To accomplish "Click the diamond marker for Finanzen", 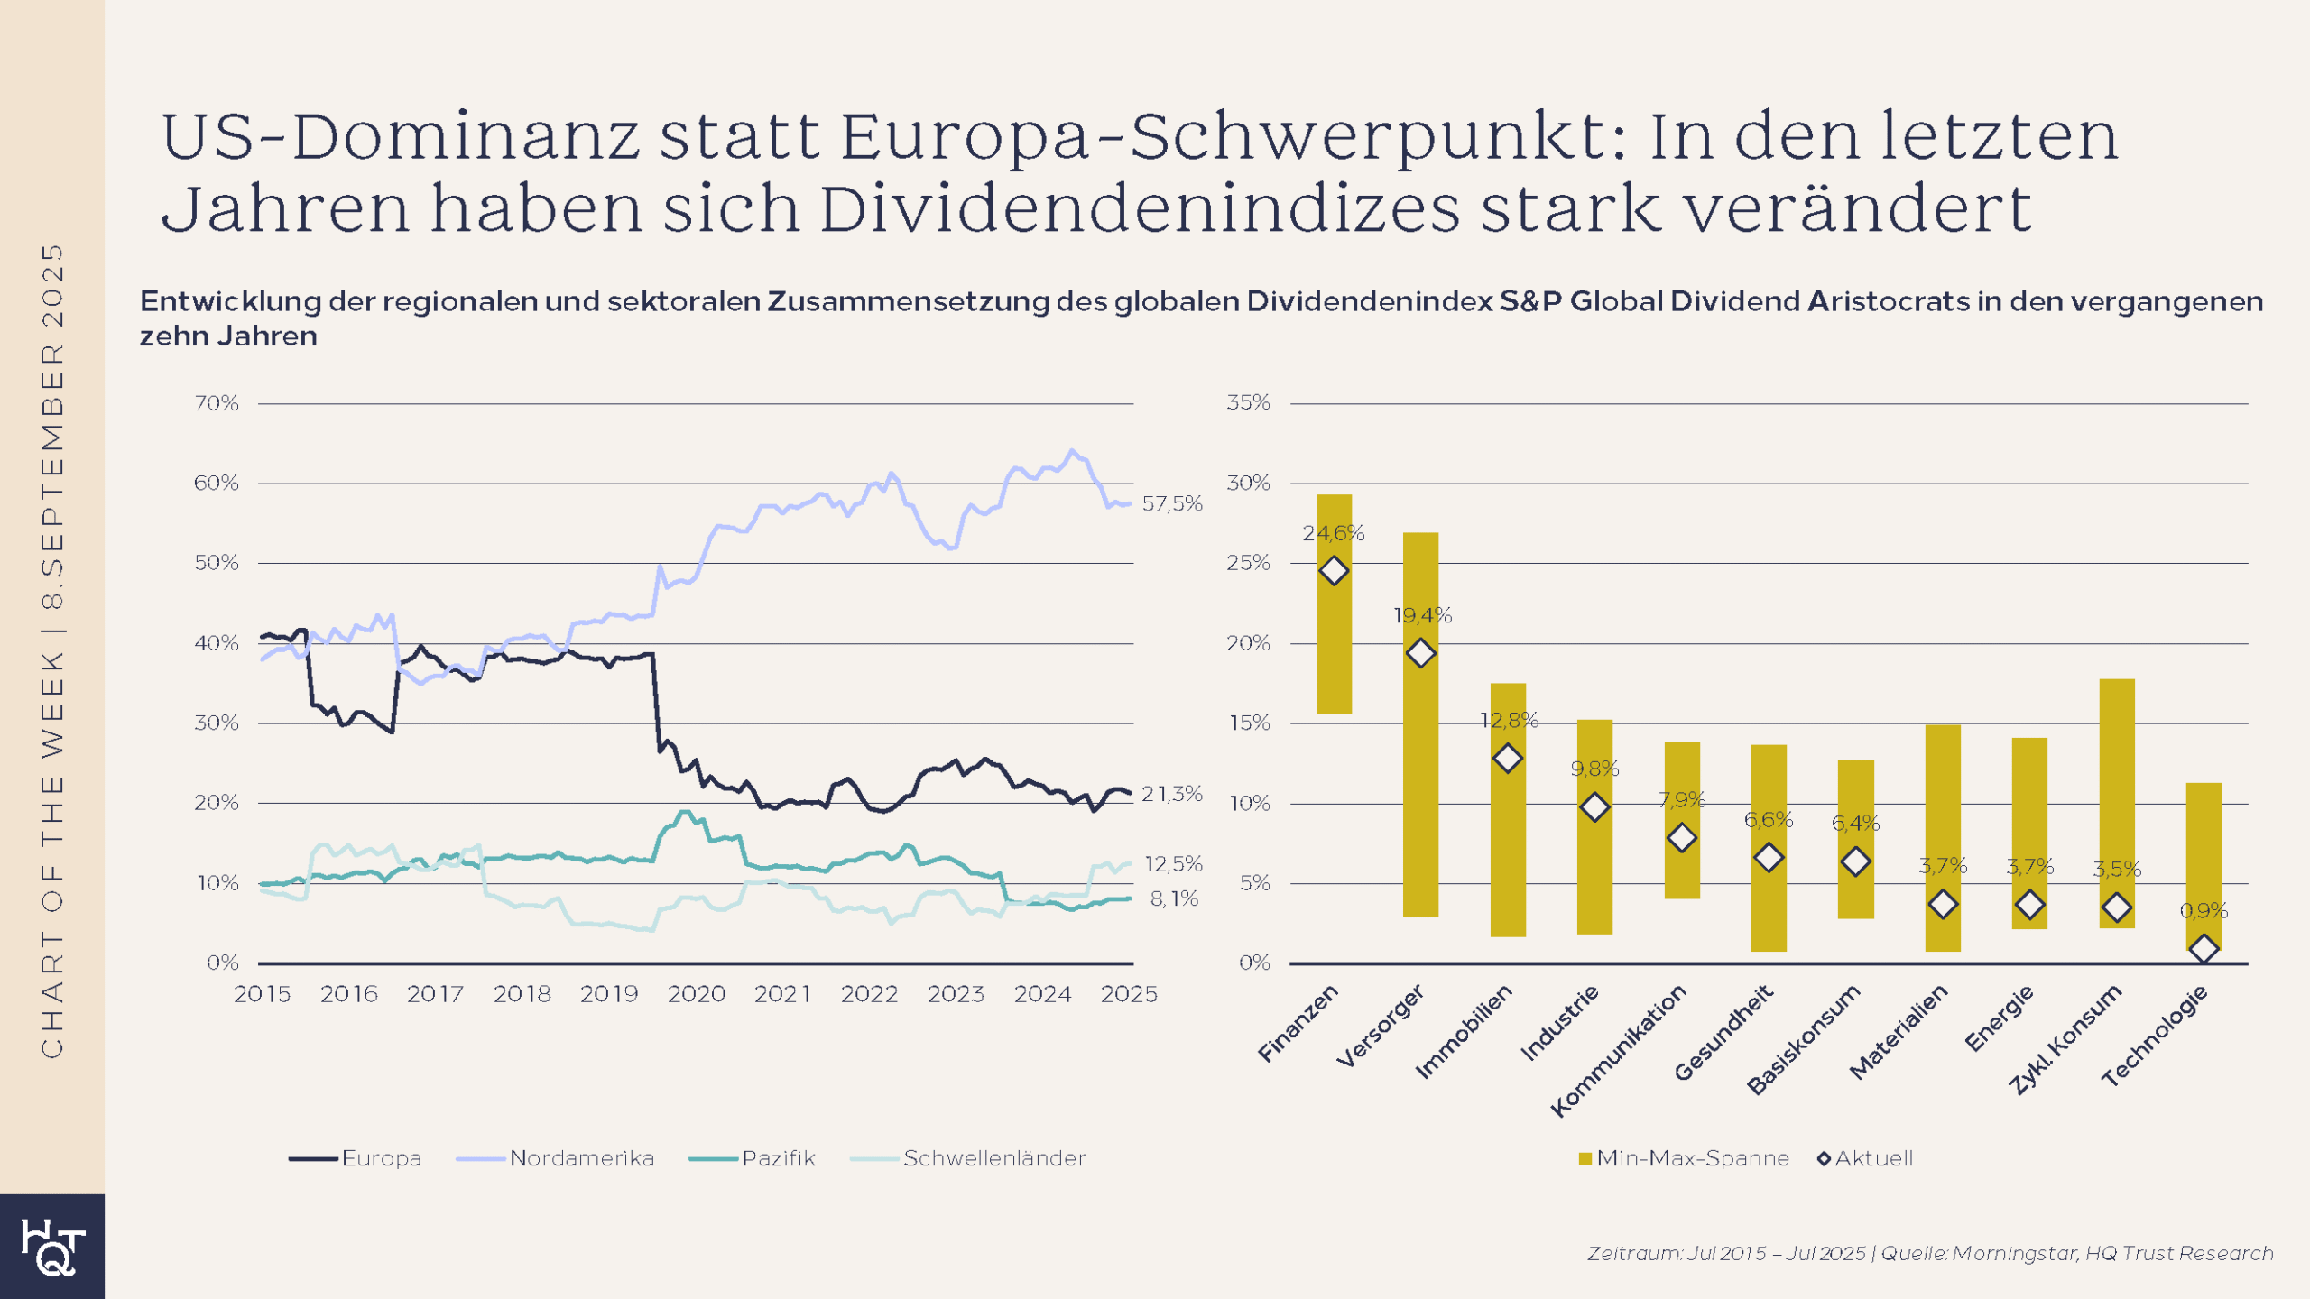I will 1334,571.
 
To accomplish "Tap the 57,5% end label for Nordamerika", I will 1171,504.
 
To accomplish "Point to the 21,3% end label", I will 1171,794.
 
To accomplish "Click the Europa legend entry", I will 356,1158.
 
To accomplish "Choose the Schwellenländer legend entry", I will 969,1158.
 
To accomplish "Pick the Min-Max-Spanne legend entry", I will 1684,1158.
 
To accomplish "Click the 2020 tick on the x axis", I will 696,994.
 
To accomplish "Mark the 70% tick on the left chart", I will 217,403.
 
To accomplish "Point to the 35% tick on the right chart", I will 1248,402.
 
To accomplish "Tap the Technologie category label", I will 2155,1036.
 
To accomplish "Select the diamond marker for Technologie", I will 2204,948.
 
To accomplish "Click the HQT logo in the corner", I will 52,1247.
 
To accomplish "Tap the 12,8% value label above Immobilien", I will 1509,720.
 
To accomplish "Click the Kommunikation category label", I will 1619,1050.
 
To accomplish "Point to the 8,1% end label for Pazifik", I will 1173,898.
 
